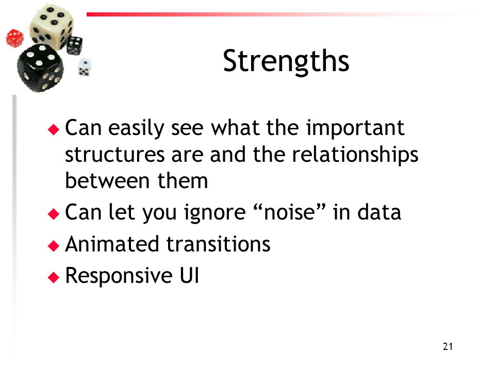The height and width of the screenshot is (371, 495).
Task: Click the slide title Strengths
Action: pyautogui.click(x=286, y=61)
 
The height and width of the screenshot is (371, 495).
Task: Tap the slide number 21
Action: pyautogui.click(x=448, y=346)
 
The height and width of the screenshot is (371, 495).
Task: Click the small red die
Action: pyautogui.click(x=14, y=38)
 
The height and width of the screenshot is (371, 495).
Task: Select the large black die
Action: pyautogui.click(x=40, y=68)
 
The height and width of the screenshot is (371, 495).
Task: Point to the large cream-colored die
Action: pyautogui.click(x=51, y=27)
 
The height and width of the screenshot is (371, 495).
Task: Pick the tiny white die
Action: pyautogui.click(x=84, y=67)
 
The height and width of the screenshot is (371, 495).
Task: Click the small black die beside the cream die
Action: pyautogui.click(x=74, y=45)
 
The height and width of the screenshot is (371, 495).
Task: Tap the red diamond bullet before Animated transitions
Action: pyautogui.click(x=54, y=246)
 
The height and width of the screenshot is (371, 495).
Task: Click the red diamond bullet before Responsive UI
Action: pyautogui.click(x=54, y=277)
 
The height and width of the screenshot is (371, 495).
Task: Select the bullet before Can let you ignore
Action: pyautogui.click(x=54, y=214)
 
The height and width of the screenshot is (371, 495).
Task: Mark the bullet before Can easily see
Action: pyautogui.click(x=54, y=129)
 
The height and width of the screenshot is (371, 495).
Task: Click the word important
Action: pyautogui.click(x=355, y=128)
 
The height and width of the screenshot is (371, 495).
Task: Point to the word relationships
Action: pyautogui.click(x=355, y=155)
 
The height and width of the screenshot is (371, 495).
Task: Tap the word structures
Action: pyautogui.click(x=115, y=155)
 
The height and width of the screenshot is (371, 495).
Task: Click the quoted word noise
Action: pyautogui.click(x=289, y=212)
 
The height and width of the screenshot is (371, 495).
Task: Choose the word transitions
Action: pyautogui.click(x=218, y=244)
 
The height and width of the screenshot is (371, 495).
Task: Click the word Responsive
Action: pyautogui.click(x=119, y=276)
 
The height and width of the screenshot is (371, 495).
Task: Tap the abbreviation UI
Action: pyautogui.click(x=189, y=275)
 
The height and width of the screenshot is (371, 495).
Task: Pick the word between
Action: pyautogui.click(x=107, y=181)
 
